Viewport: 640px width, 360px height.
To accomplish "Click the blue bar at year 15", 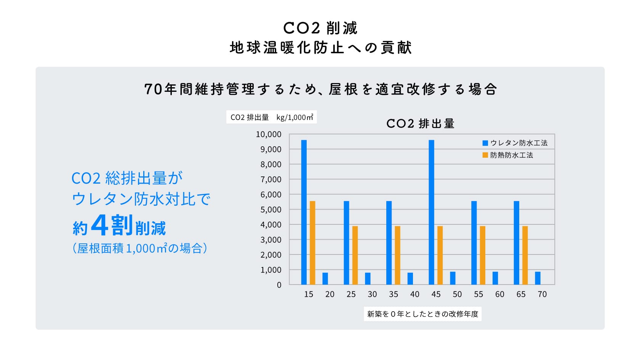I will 304,212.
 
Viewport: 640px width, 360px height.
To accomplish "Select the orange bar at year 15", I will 312,243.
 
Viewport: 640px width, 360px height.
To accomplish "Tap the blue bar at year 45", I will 431,212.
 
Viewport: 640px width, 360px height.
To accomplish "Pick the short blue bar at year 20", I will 325,278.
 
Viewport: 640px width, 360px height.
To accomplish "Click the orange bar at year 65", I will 525,255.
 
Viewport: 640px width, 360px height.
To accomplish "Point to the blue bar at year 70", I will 538,278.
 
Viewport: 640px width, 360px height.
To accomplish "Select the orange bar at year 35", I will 397,255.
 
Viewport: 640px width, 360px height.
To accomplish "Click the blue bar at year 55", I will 474,243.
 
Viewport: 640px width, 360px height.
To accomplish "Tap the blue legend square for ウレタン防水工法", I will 485,143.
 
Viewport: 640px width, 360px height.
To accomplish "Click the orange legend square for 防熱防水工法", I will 485,155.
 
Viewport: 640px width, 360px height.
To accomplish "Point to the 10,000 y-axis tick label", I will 269,134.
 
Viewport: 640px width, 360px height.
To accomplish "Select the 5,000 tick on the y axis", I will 271,210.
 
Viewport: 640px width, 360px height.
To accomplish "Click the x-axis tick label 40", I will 414,294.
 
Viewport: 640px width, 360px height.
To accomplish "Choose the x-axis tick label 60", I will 499,294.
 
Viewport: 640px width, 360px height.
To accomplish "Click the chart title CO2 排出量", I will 420,123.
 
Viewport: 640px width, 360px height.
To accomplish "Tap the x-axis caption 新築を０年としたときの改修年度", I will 422,314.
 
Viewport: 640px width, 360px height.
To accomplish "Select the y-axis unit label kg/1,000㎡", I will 295,117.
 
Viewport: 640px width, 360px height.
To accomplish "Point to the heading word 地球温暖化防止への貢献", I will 320,48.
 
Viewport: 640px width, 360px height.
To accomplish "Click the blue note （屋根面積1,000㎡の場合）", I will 140,248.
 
